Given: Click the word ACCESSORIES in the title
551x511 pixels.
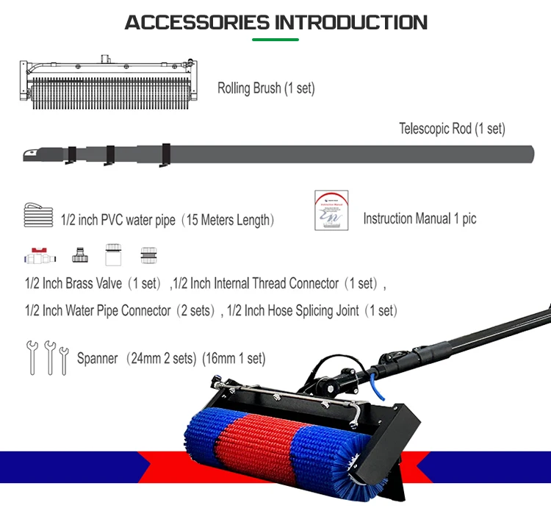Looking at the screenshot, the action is (x=198, y=21).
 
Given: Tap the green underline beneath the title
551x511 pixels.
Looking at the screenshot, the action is (x=275, y=38).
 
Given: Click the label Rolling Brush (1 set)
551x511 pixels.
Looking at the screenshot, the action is (x=265, y=88).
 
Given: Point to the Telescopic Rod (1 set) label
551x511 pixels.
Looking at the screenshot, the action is (x=452, y=129).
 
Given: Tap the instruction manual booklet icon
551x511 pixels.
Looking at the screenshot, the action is (x=331, y=211).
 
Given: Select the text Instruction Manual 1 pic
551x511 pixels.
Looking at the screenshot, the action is (x=419, y=219).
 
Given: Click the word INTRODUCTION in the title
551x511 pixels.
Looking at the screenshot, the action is (x=350, y=21).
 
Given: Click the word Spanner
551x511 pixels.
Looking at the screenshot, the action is (x=98, y=359).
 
